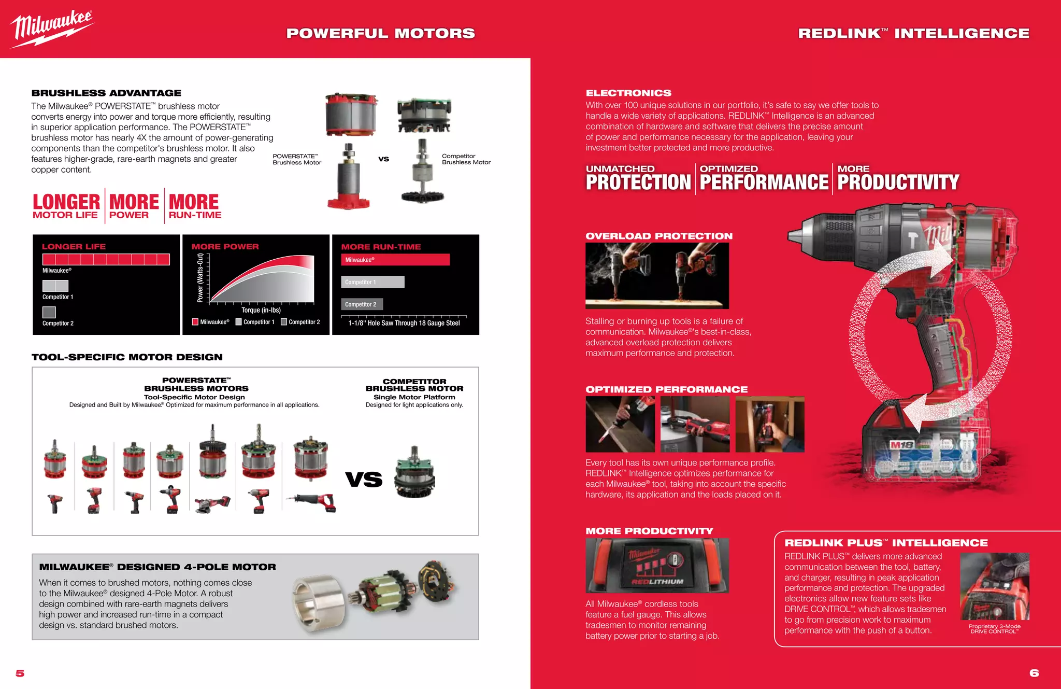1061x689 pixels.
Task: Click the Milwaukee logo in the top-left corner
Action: point(52,29)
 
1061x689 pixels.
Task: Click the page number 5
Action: point(20,673)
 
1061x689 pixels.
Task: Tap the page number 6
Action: point(1034,672)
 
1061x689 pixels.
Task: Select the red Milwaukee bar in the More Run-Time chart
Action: point(395,260)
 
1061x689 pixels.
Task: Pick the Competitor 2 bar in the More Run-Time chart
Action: point(362,304)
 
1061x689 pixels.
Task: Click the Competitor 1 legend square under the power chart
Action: point(239,322)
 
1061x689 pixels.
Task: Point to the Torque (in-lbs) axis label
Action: point(261,310)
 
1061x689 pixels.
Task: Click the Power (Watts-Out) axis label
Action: point(200,278)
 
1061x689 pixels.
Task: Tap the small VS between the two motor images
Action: point(383,159)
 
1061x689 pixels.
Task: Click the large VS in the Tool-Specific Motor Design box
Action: point(364,480)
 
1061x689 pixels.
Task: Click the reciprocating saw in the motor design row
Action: point(313,501)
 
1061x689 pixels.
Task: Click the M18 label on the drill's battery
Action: point(902,445)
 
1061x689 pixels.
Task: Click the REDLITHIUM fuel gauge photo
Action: point(657,565)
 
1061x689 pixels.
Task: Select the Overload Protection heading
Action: point(659,236)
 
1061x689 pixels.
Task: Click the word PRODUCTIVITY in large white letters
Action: point(898,182)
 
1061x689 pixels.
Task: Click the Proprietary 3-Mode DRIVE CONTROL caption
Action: point(994,629)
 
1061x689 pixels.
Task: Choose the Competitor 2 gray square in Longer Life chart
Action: point(49,312)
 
